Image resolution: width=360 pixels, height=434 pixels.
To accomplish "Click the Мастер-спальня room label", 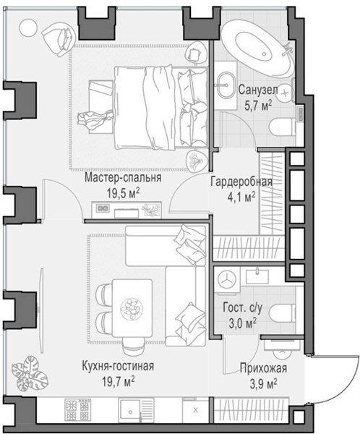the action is click(123, 177).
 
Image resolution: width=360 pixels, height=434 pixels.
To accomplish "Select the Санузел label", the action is click(258, 90).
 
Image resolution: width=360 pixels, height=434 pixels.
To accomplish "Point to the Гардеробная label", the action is click(241, 182).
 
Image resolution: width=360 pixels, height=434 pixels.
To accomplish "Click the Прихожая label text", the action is click(263, 368).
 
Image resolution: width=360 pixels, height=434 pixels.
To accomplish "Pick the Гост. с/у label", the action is click(242, 308).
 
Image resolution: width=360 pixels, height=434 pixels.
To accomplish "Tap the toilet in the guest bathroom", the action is click(282, 315).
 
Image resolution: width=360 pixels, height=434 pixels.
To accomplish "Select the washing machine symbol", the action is click(227, 279).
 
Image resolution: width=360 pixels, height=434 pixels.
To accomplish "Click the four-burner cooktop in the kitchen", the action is click(78, 410).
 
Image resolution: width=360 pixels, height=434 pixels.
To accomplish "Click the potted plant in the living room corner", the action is click(30, 373).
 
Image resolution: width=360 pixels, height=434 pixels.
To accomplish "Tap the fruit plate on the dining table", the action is click(132, 308).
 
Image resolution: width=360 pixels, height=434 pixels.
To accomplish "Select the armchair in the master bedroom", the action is click(59, 38).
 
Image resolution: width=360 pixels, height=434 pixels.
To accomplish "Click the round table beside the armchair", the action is click(28, 27).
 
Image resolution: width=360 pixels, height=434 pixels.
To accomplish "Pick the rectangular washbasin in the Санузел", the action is click(227, 85).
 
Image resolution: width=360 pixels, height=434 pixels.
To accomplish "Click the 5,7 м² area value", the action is click(258, 106).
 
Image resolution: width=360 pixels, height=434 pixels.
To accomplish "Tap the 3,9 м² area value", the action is click(263, 384).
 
